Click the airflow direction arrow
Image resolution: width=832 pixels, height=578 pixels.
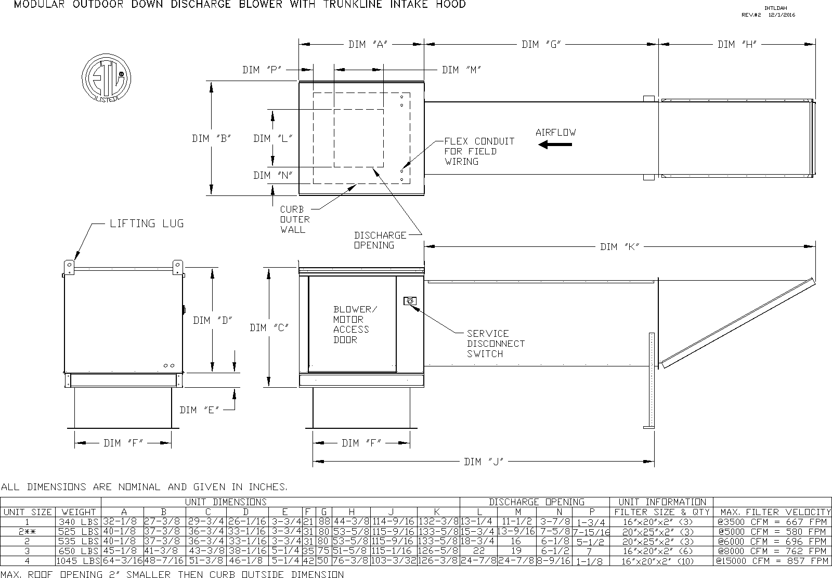pos(555,144)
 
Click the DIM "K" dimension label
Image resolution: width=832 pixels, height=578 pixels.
pos(619,246)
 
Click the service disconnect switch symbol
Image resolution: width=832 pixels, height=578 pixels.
pos(410,300)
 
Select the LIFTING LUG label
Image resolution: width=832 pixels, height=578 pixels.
pos(147,224)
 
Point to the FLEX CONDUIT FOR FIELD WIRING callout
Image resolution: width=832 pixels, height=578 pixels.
pos(479,151)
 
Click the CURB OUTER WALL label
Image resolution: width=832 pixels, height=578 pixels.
pos(295,219)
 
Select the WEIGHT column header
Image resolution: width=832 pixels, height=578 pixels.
pos(78,512)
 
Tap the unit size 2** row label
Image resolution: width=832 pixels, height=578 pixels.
pos(27,532)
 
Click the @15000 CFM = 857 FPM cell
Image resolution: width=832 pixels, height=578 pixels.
pos(772,561)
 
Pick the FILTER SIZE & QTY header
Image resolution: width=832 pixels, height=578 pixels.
pos(661,512)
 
